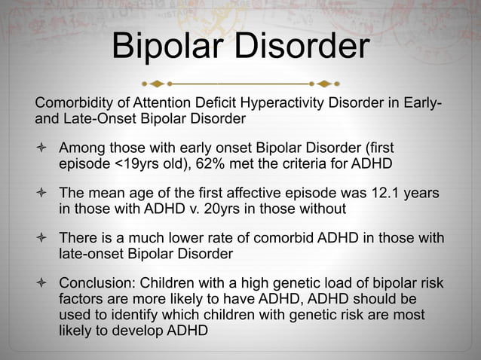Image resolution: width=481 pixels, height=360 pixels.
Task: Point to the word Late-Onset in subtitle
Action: click(x=91, y=118)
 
